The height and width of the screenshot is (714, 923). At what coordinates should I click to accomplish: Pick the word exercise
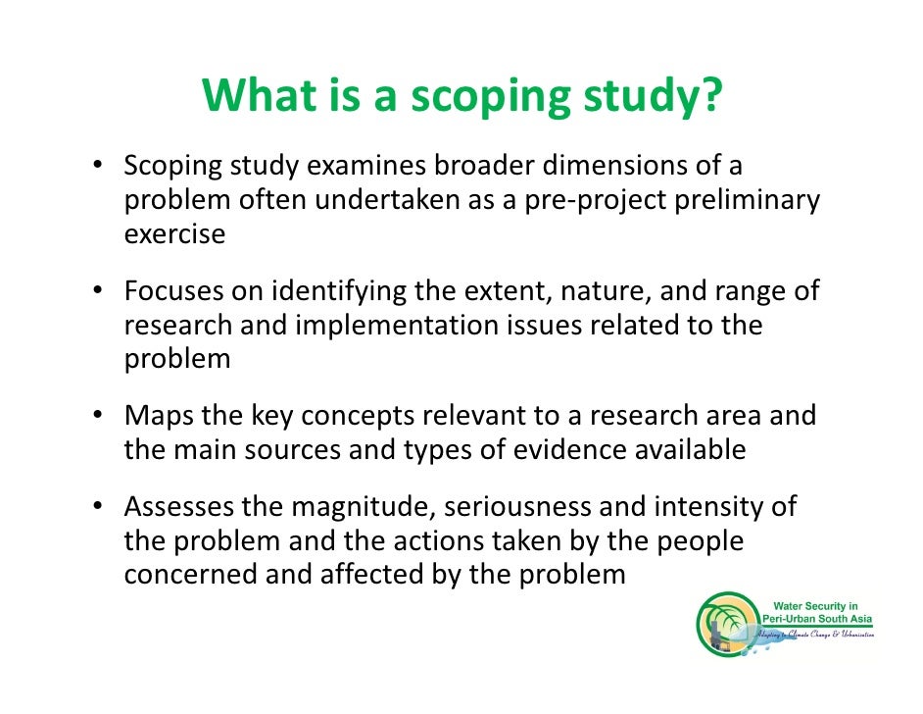click(x=174, y=234)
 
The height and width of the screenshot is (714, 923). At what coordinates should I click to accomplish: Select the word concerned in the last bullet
click(x=189, y=574)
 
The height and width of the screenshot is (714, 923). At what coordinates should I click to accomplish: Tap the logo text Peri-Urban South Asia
click(x=821, y=621)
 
